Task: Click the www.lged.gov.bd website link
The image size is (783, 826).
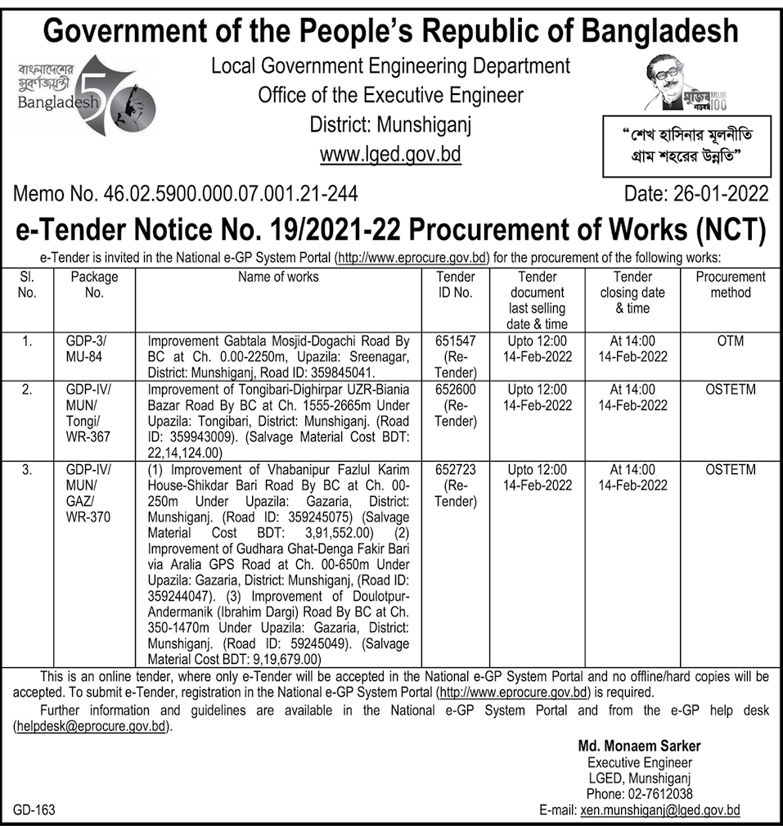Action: coord(390,154)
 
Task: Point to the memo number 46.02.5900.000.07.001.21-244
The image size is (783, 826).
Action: coord(186,194)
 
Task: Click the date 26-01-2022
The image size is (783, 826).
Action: coord(695,194)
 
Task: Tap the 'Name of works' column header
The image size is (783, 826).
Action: coord(278,277)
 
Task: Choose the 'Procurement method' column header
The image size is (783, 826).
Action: coord(730,285)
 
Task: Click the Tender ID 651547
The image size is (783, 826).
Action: coord(456,341)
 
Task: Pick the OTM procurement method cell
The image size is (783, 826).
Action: coord(730,341)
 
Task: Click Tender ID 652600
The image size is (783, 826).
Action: coord(456,389)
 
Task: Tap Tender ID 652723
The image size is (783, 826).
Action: coord(456,470)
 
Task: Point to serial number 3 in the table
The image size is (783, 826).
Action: coord(28,470)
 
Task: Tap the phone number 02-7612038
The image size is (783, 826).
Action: coord(639,794)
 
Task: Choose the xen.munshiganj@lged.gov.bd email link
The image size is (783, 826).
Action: coord(659,810)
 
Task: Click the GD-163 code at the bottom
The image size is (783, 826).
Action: coord(34,810)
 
